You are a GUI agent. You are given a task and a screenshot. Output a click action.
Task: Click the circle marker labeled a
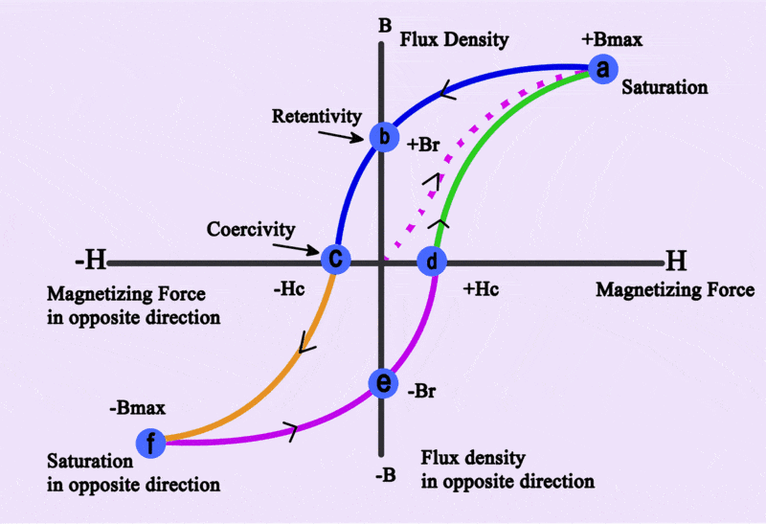coord(602,69)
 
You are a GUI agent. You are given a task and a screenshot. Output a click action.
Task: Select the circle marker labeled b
coord(383,137)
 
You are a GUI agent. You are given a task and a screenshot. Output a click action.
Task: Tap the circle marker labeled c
coord(335,259)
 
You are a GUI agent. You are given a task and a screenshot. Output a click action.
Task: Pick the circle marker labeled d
coord(432,260)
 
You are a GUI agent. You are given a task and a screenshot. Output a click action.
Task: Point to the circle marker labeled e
coord(383,383)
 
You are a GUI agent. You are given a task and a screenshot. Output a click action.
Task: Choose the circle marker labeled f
coord(150,443)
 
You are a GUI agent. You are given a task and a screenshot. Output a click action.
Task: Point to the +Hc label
coord(481,287)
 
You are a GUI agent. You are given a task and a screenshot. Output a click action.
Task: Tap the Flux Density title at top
coord(454,40)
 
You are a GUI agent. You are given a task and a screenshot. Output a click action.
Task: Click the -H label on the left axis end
coord(94,261)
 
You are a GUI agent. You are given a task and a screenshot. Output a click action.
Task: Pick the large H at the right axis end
coord(677,261)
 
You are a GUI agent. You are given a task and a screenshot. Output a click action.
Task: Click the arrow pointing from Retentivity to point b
coord(341,137)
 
